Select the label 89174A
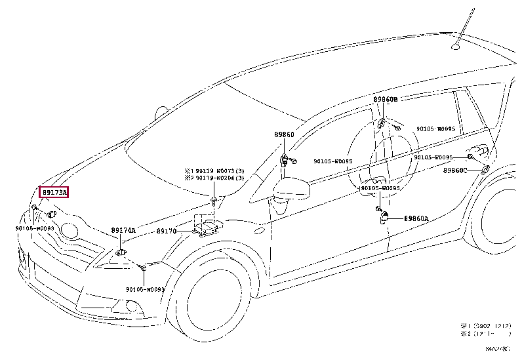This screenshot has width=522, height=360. (123, 230)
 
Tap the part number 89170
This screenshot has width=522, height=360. (167, 231)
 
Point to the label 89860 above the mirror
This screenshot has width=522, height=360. (284, 134)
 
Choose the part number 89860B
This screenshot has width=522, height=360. (386, 100)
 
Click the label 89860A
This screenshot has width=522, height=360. (416, 219)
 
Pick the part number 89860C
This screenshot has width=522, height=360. (454, 170)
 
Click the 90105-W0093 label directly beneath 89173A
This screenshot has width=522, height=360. (35, 228)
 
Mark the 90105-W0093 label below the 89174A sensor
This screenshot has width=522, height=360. (146, 289)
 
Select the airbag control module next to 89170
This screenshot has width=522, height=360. (207, 227)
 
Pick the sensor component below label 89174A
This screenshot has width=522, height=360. (121, 250)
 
